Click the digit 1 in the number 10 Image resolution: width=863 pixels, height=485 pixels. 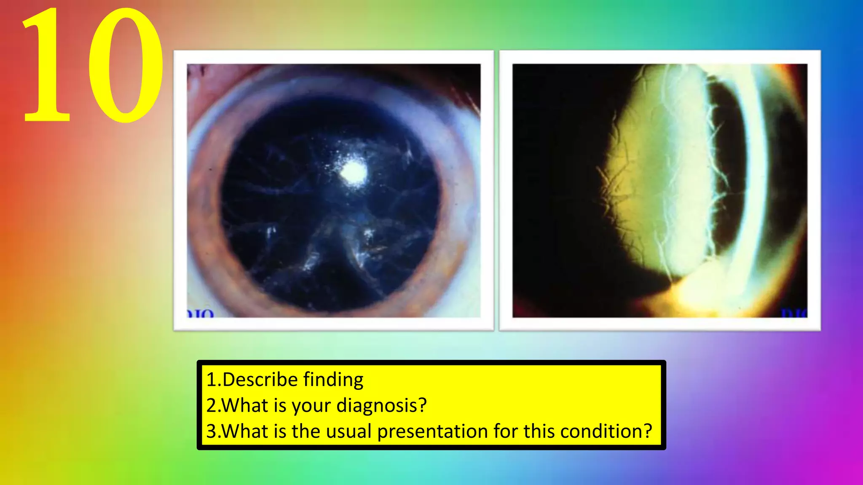46,67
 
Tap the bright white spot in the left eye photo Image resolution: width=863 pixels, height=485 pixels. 353,172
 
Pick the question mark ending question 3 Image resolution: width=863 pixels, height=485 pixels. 648,432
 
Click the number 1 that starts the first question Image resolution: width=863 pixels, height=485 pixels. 211,380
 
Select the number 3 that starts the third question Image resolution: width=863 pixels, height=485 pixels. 211,432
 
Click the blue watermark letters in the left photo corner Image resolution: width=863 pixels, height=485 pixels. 201,314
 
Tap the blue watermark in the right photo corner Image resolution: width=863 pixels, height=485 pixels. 795,313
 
